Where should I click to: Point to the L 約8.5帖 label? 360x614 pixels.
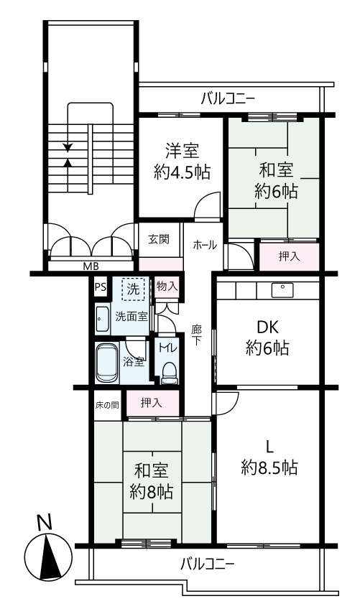point(269,457)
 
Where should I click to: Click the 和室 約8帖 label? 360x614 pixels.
point(152,482)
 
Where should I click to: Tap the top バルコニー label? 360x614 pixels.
point(228,98)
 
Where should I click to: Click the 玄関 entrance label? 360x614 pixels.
point(159,239)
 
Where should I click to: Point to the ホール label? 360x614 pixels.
point(206,245)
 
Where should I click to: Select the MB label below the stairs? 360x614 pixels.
point(91,266)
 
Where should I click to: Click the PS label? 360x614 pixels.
point(100,288)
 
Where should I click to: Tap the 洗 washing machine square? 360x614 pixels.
point(133,289)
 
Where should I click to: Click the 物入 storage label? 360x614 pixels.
point(166,287)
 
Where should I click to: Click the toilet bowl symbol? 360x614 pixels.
point(170,369)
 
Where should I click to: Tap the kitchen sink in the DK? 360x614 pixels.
point(281,290)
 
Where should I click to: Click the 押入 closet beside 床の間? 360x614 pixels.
point(151,403)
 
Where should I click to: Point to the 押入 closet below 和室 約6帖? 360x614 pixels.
point(289,256)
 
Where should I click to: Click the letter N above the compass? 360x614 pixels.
point(45,523)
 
